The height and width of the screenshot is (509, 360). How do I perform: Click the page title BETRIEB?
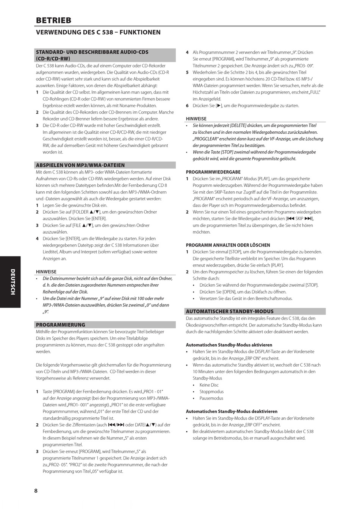point(53,20)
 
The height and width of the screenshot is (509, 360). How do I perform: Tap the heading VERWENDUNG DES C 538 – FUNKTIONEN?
point(98,33)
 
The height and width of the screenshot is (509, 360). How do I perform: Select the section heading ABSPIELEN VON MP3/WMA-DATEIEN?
point(80,165)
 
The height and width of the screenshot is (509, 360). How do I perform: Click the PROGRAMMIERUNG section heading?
point(61,325)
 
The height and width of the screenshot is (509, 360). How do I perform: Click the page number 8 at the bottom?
point(36,491)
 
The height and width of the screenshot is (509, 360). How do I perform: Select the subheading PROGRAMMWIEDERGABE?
point(213,172)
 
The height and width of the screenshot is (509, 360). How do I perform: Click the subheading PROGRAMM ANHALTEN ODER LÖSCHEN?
point(228,245)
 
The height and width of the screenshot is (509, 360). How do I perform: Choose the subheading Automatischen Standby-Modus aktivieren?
point(229,345)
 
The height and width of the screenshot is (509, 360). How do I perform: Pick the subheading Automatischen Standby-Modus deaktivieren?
point(232,411)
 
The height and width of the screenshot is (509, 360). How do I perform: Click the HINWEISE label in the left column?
point(46,272)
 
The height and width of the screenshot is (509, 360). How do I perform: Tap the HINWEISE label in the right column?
point(196,119)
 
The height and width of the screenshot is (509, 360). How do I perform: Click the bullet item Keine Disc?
point(209,385)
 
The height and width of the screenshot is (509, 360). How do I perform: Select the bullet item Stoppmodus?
point(211,392)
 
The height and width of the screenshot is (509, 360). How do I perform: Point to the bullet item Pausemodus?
point(211,398)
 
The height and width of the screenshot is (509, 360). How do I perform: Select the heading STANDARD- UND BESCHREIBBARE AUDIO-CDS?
point(92,52)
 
